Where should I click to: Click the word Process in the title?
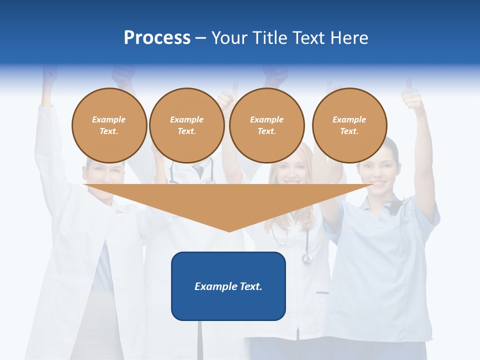pos(157,38)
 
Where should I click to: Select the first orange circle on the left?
pos(109,125)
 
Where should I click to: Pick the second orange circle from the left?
pos(186,125)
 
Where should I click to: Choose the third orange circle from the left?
pos(266,125)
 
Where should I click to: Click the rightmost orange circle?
pos(349,125)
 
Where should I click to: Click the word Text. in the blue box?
pos(251,286)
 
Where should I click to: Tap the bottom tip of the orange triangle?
pos(229,230)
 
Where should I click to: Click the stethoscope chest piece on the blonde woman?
pos(306,258)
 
